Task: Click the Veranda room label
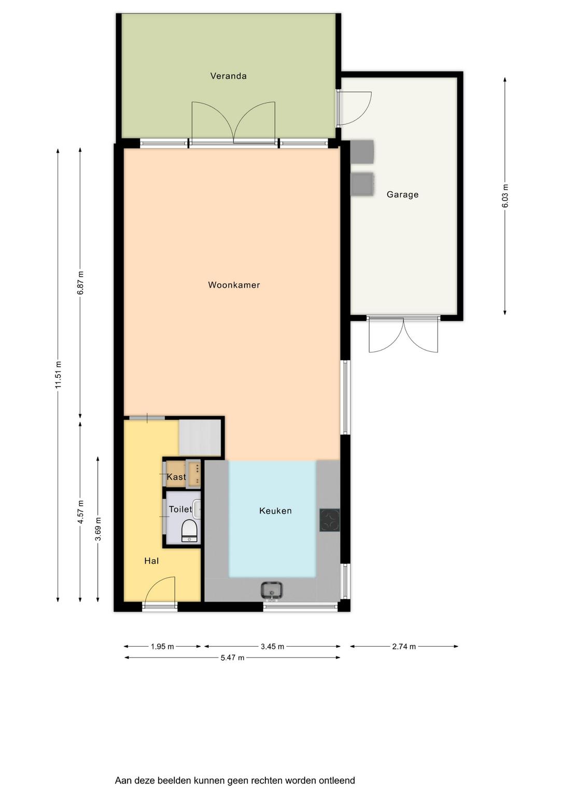228,76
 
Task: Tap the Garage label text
402,194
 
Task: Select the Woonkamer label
234,285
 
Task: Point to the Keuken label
275,510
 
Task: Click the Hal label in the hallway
151,561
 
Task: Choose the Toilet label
180,509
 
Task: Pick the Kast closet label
176,477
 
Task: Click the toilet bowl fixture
189,531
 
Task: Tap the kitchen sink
272,591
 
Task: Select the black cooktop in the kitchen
330,520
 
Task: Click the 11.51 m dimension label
59,375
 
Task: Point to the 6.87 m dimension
81,282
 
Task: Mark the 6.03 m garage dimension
505,196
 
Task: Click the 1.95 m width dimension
162,646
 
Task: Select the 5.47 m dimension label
232,658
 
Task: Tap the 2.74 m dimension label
404,646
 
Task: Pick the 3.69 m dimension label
98,529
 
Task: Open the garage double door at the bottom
403,335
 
